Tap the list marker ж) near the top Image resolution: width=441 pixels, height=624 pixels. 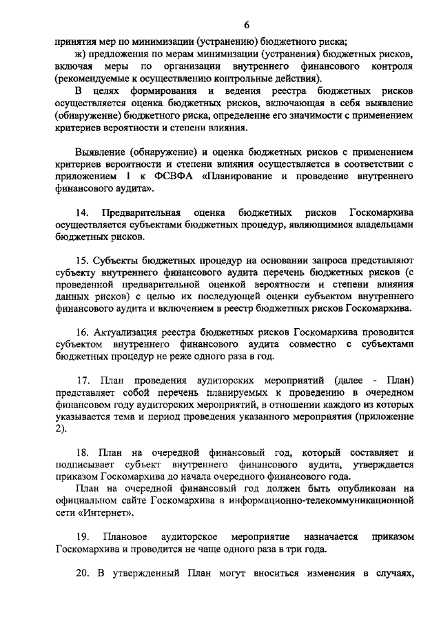(81, 53)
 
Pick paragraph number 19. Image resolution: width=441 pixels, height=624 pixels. (83, 536)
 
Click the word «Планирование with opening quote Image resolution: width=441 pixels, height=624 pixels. (238, 177)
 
